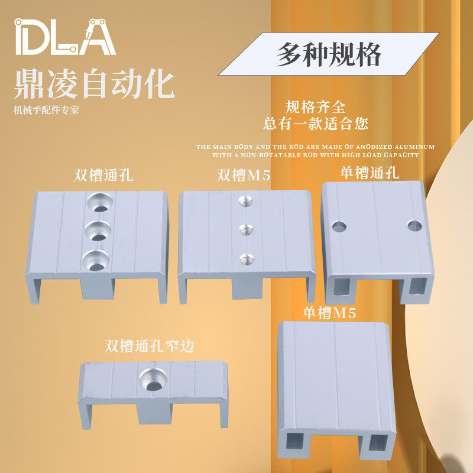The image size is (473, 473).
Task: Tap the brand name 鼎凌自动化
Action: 94,84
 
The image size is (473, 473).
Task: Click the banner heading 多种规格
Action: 329,54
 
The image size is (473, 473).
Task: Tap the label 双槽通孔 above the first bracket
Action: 103,175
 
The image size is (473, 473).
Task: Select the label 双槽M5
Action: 244,175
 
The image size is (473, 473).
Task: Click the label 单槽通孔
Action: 370,173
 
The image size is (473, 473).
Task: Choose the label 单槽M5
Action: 329,313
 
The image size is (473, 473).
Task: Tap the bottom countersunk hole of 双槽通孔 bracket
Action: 95,260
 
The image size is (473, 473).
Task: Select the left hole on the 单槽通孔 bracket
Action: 339,226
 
